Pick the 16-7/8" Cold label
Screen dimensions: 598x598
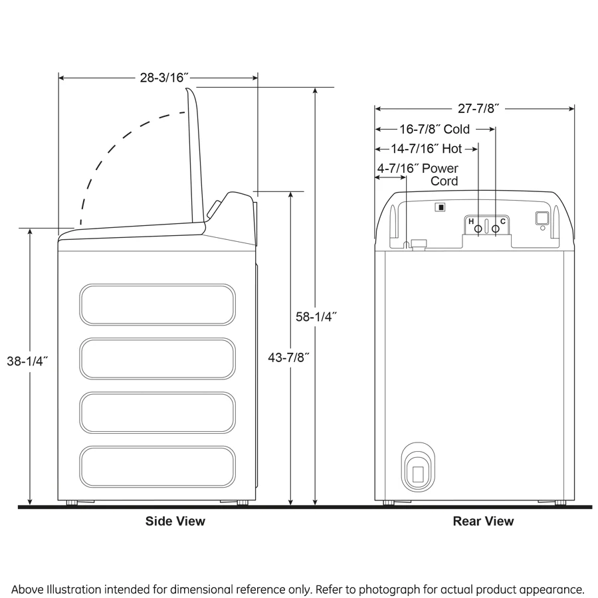pyautogui.click(x=435, y=129)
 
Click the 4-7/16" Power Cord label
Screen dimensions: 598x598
pyautogui.click(x=418, y=174)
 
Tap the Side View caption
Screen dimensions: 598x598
pyautogui.click(x=175, y=522)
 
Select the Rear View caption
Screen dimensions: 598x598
pyautogui.click(x=483, y=522)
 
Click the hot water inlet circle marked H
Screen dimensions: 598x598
pyautogui.click(x=478, y=228)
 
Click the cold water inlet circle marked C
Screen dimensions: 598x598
pyautogui.click(x=495, y=228)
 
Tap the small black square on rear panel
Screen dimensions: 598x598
pyautogui.click(x=439, y=207)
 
